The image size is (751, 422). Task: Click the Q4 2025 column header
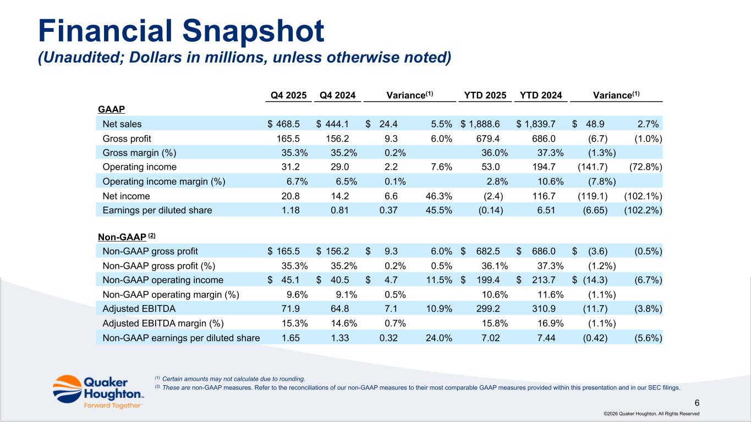(x=289, y=95)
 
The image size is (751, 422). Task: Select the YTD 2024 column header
(x=541, y=95)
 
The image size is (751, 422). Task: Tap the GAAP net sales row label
(x=122, y=124)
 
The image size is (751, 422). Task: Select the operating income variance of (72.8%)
(x=643, y=166)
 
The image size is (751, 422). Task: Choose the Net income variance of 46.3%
(x=439, y=196)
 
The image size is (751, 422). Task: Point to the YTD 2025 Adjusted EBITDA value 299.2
(x=489, y=308)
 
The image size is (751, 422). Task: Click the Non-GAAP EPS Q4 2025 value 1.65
(x=291, y=337)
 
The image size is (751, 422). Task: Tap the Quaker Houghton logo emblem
(x=67, y=388)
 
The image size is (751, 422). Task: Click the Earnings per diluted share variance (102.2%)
(x=643, y=210)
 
